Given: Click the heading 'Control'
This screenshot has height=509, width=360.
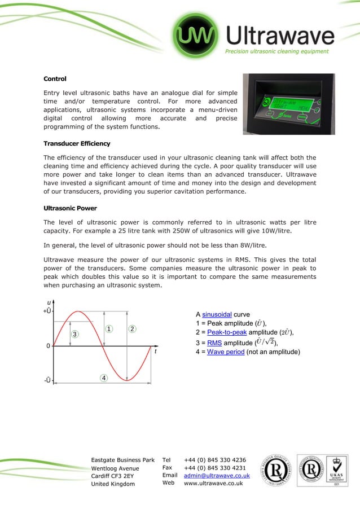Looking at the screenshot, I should coord(55,78).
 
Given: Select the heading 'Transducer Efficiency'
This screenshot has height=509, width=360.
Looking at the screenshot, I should coord(77,143).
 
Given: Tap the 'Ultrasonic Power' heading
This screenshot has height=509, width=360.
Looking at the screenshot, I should coord(71,208).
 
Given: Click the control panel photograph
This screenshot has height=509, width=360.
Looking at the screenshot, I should coord(288,104).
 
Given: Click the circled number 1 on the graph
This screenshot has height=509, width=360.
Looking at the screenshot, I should coord(109,328).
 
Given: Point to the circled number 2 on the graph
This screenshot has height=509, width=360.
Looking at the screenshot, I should coord(131,328).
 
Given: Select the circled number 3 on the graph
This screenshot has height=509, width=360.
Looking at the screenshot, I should coord(74,334).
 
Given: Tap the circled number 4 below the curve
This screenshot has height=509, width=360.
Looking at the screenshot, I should coord(104,378).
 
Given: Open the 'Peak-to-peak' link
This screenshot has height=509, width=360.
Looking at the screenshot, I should coord(229,333).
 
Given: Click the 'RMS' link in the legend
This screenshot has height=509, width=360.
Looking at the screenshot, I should coord(214,343).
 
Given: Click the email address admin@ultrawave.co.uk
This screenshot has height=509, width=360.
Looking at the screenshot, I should coord(217,476).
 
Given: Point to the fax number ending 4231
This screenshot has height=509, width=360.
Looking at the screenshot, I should coord(214,468).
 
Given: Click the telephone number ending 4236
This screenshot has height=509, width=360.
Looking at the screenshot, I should coord(214,460).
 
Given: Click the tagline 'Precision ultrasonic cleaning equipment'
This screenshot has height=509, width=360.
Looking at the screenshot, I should coord(276,51).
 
